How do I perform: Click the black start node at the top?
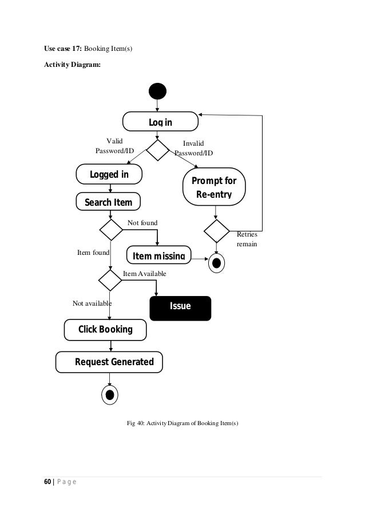click(157, 91)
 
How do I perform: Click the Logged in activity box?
click(109, 174)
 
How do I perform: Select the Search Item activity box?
click(108, 202)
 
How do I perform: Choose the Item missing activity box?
click(158, 255)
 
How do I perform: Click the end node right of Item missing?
click(217, 263)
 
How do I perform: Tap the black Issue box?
click(180, 307)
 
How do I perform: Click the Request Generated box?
click(109, 362)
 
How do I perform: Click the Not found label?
click(142, 222)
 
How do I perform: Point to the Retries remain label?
click(247, 239)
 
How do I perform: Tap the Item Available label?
click(144, 274)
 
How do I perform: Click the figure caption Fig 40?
click(182, 423)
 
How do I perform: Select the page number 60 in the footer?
click(48, 482)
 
